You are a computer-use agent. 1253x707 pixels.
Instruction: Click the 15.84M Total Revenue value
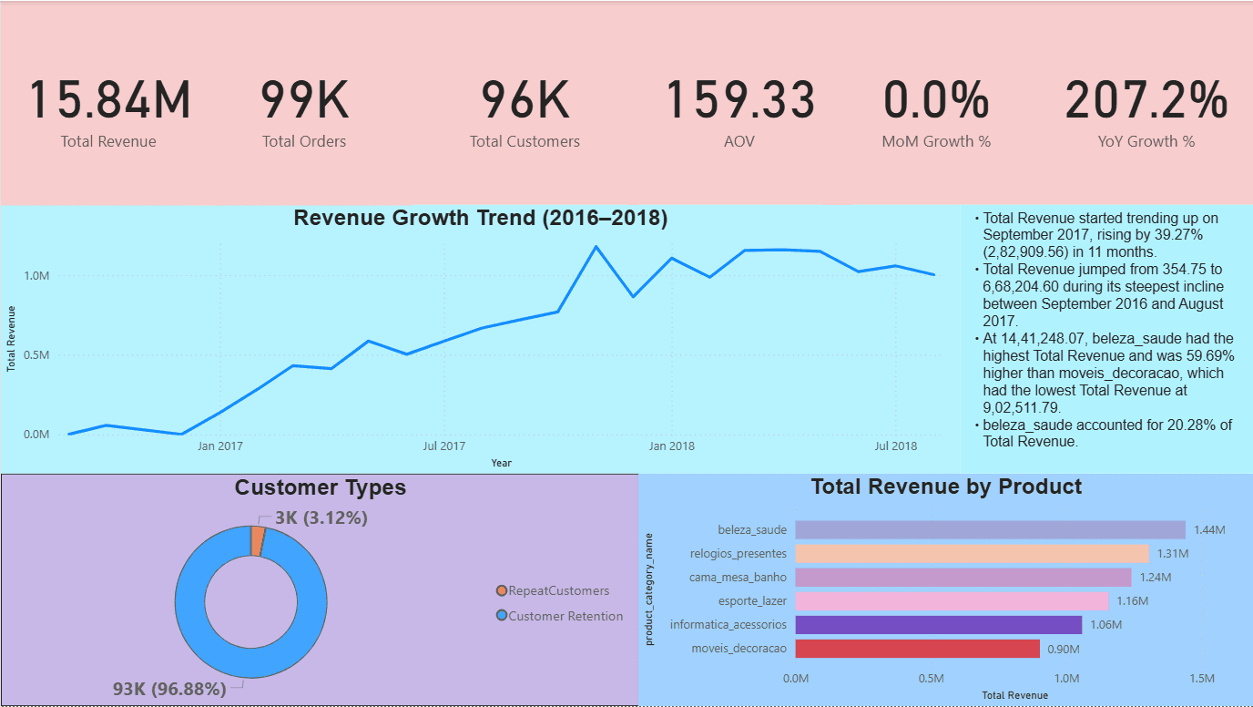[x=110, y=100]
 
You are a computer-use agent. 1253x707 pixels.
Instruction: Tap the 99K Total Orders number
[x=304, y=100]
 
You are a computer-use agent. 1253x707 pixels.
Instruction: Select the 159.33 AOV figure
[x=740, y=100]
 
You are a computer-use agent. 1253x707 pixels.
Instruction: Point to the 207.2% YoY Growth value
[x=1146, y=100]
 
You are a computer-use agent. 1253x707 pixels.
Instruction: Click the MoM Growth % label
[x=936, y=142]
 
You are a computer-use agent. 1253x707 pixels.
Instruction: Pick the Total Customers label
[x=525, y=142]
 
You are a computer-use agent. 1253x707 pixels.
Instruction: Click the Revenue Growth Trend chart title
[x=480, y=219]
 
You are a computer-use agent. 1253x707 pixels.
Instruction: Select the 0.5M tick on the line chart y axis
[x=37, y=355]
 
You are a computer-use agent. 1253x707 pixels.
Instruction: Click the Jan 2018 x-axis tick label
[x=672, y=446]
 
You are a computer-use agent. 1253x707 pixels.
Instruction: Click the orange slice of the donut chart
[x=258, y=540]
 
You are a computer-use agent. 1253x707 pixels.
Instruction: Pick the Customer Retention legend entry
[x=565, y=617]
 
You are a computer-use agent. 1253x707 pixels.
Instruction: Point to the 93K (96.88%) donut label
[x=169, y=690]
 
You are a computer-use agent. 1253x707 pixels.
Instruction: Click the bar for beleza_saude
[x=990, y=530]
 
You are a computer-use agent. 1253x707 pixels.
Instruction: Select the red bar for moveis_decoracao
[x=917, y=649]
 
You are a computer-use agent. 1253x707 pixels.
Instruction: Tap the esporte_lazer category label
[x=752, y=601]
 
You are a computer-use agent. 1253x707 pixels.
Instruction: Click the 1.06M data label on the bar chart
[x=1105, y=625]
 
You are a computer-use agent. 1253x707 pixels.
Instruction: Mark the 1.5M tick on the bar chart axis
[x=1202, y=679]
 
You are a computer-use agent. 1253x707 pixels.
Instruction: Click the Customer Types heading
[x=321, y=488]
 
